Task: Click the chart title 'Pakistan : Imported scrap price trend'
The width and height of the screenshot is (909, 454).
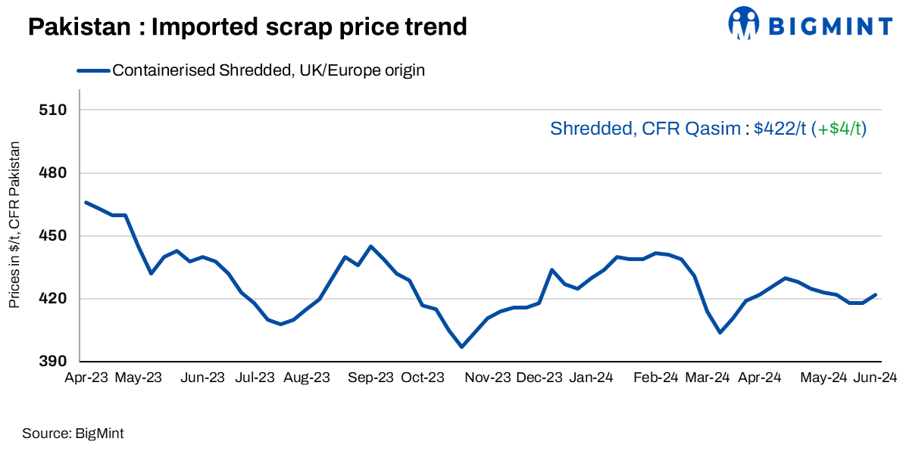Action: tap(247, 27)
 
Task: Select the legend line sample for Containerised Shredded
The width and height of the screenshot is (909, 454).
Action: tap(93, 71)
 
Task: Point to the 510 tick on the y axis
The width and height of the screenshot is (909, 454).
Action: tap(54, 110)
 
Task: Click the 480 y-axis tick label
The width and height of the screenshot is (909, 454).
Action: tap(54, 173)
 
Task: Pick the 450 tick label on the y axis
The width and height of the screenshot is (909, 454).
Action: tap(54, 236)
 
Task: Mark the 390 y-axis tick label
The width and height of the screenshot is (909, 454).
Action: tap(54, 362)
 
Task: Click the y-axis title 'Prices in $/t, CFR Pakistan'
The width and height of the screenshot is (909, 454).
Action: tap(14, 225)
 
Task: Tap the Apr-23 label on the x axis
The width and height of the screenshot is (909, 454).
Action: tap(86, 378)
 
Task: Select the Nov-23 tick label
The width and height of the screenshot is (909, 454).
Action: tap(488, 378)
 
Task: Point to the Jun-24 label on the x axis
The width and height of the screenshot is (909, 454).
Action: tap(876, 378)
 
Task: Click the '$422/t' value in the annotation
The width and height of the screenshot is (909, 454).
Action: tap(780, 129)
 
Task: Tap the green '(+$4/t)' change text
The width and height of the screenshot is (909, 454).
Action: tap(839, 129)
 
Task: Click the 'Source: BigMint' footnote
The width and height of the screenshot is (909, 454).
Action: tap(73, 434)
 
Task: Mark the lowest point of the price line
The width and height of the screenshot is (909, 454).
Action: tap(461, 347)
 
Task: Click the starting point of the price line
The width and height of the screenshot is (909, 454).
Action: tap(86, 202)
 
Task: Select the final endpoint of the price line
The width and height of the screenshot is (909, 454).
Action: tap(876, 294)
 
